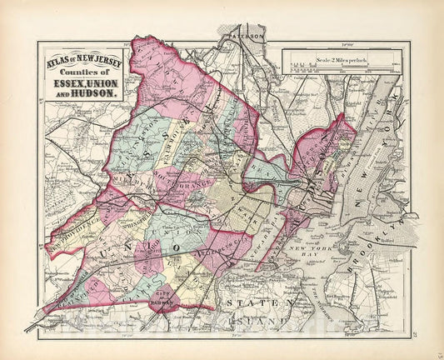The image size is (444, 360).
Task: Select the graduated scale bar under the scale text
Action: click(x=326, y=67)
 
